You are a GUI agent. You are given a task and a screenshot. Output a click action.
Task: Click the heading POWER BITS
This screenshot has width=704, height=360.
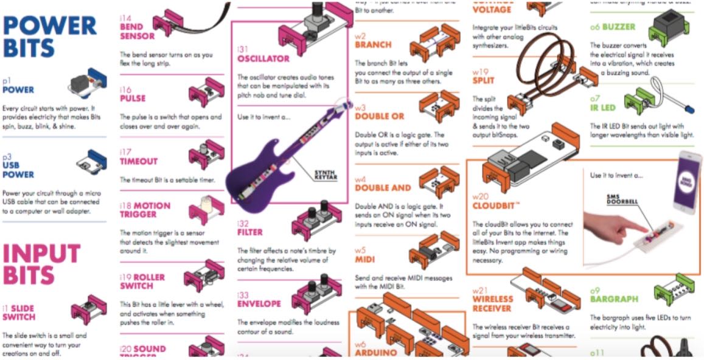(49, 36)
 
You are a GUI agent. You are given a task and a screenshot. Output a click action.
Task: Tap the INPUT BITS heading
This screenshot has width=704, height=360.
(41, 264)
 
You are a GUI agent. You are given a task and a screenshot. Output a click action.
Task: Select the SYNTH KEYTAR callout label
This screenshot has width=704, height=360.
(326, 175)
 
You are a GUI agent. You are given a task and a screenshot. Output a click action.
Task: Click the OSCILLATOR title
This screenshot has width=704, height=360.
(263, 58)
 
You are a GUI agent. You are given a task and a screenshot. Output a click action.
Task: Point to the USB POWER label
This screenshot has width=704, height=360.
(18, 170)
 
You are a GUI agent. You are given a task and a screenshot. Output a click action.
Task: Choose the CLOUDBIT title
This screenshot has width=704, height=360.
(498, 205)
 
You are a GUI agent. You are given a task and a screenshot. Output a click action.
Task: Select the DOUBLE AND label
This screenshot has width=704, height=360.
(383, 188)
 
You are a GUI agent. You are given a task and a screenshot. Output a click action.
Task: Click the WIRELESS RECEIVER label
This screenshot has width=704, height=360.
(492, 303)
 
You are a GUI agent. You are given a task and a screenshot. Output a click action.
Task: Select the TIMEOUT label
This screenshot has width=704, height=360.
(138, 161)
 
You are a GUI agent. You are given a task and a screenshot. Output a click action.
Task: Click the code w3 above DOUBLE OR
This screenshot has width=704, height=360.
(360, 106)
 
